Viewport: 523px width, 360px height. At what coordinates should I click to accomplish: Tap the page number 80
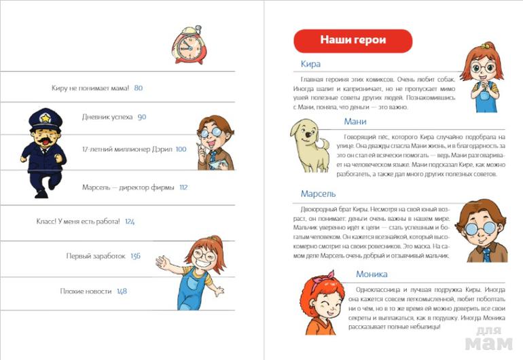pos(139,88)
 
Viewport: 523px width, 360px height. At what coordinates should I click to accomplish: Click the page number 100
pos(181,149)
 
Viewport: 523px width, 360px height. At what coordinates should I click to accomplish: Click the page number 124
pos(130,221)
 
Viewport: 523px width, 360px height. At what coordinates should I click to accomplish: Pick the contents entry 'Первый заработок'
pos(96,256)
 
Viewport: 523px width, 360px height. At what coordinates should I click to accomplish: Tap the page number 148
pos(122,291)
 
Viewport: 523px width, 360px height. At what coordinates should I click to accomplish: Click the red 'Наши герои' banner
pos(353,40)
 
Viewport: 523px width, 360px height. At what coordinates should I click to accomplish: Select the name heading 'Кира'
pos(310,65)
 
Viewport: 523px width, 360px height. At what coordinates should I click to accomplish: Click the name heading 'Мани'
pos(355,122)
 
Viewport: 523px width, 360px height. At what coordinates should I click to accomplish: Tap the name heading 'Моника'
pos(372,274)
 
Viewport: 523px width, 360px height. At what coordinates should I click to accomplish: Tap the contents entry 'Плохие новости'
pos(86,291)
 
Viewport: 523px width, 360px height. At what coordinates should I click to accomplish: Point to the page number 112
pos(183,187)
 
